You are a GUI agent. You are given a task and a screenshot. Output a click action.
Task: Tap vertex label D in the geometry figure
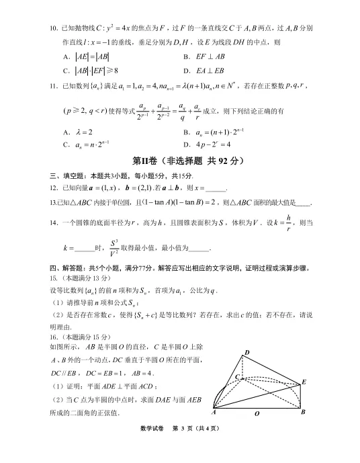pyautogui.click(x=247, y=353)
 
